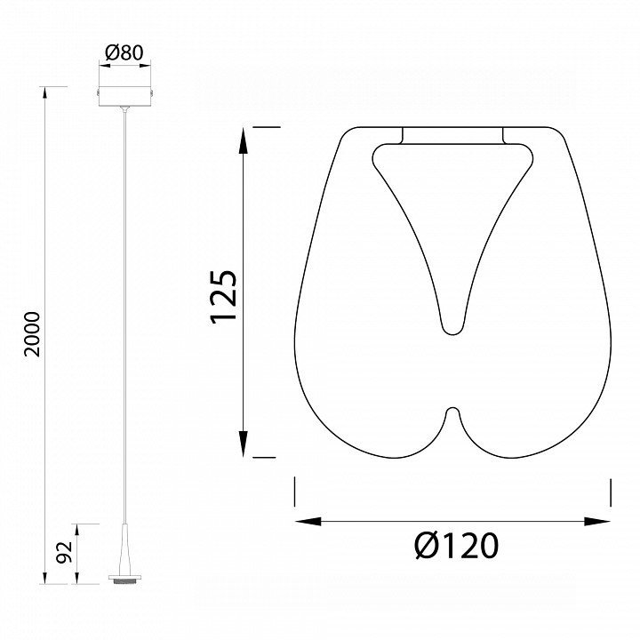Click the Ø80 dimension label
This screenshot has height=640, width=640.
124,52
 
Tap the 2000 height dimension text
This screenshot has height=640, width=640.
32,335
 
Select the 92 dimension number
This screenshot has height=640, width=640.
64,552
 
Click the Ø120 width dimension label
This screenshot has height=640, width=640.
457,545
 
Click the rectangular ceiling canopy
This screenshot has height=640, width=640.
124,96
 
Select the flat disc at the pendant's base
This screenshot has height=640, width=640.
124,578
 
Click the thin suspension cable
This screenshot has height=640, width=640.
124,317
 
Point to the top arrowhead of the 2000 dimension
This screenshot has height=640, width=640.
44,92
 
